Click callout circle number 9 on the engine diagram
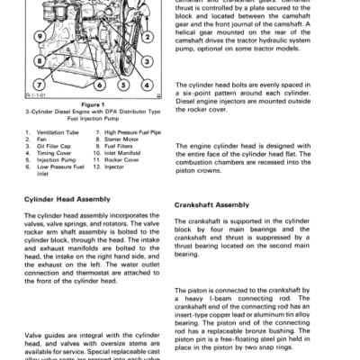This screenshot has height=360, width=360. pyautogui.click(x=40, y=35)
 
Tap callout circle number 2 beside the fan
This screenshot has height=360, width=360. pyautogui.click(x=148, y=36)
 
